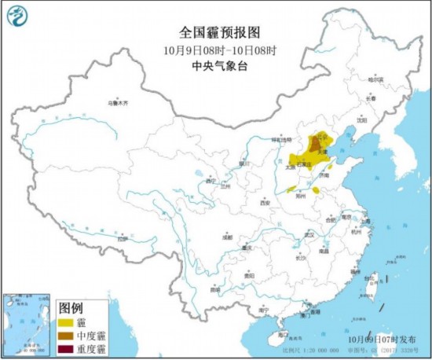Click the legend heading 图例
(71, 307)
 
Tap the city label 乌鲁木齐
(117, 103)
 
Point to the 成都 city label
(227, 236)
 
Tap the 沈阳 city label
(361, 120)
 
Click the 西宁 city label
(210, 181)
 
